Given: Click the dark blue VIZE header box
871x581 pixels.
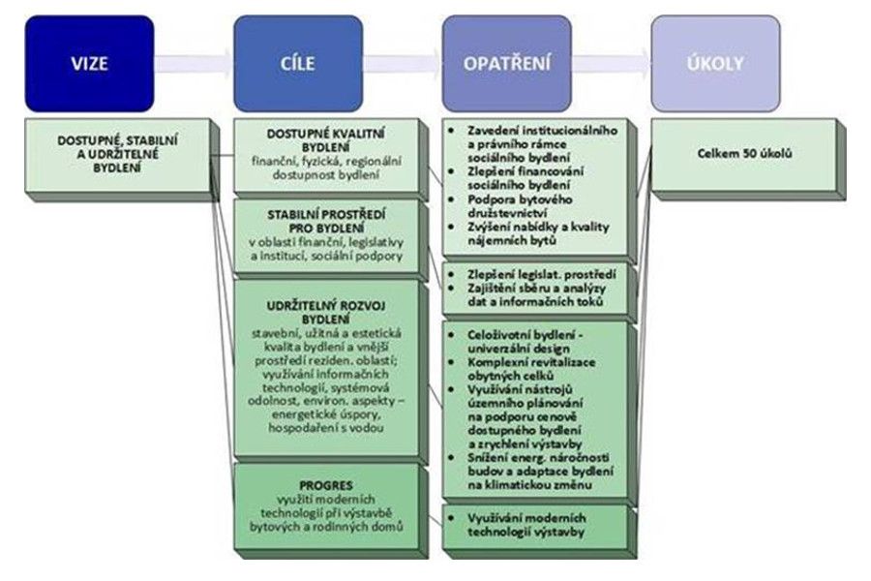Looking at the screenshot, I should (90, 64).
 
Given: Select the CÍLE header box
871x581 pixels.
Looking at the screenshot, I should (297, 64).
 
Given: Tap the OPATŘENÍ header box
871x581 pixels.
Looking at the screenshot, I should (507, 64).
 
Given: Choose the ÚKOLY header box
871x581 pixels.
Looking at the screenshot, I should (715, 64).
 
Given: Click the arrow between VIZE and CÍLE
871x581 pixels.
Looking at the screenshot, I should (194, 65).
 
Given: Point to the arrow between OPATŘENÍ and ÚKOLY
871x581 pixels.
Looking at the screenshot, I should (612, 65).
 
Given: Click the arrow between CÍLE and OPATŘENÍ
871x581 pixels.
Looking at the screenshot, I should (403, 65).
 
